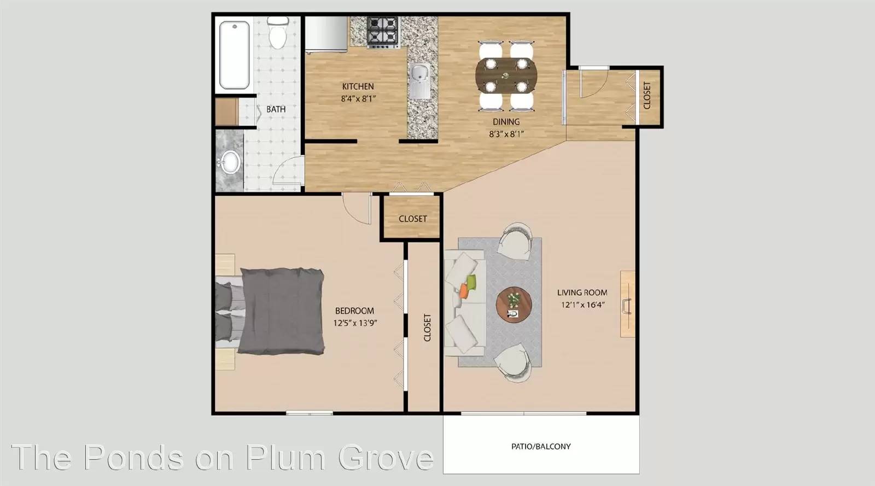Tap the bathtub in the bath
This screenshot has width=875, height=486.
click(235, 55)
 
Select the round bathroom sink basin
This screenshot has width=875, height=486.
click(230, 162)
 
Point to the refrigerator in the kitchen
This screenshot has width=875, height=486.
click(326, 33)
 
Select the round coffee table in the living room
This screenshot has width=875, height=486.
click(514, 305)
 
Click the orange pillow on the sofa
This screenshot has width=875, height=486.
click(463, 291)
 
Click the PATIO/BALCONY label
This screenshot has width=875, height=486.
click(541, 446)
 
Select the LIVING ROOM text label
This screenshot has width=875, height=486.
click(582, 292)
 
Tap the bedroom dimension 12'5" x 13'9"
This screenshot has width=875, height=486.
click(355, 323)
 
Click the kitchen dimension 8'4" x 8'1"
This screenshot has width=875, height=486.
click(358, 99)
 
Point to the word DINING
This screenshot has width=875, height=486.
click(506, 122)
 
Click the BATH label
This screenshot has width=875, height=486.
click(276, 109)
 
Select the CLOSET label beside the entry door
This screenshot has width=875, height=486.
click(647, 96)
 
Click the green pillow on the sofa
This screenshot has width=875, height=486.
click(471, 282)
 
